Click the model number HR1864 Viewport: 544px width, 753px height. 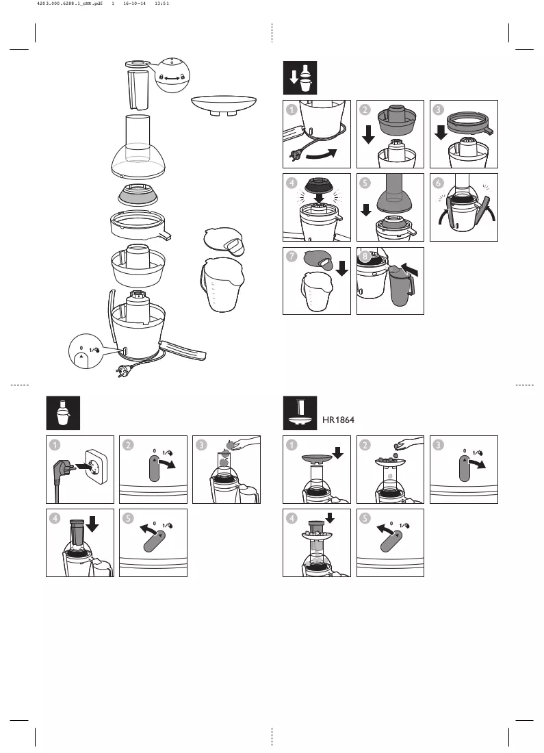point(338,420)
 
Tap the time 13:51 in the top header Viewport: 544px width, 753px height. point(161,3)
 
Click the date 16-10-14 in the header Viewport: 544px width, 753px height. point(134,3)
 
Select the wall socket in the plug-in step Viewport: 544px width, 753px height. point(96,466)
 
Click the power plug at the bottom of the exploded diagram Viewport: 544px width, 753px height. point(122,370)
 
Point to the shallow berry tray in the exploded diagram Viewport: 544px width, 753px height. point(224,105)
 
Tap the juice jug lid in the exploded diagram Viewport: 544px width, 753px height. point(223,242)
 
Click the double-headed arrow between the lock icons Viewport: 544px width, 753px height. point(172,77)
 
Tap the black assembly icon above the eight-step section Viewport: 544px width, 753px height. point(300,78)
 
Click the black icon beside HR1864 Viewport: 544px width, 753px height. point(300,413)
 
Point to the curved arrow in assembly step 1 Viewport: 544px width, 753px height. point(321,155)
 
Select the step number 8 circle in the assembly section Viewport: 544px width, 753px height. point(365,256)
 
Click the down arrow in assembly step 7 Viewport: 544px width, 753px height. point(342,268)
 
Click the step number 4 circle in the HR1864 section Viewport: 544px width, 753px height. point(292,518)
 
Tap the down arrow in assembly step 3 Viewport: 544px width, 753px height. point(441,132)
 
